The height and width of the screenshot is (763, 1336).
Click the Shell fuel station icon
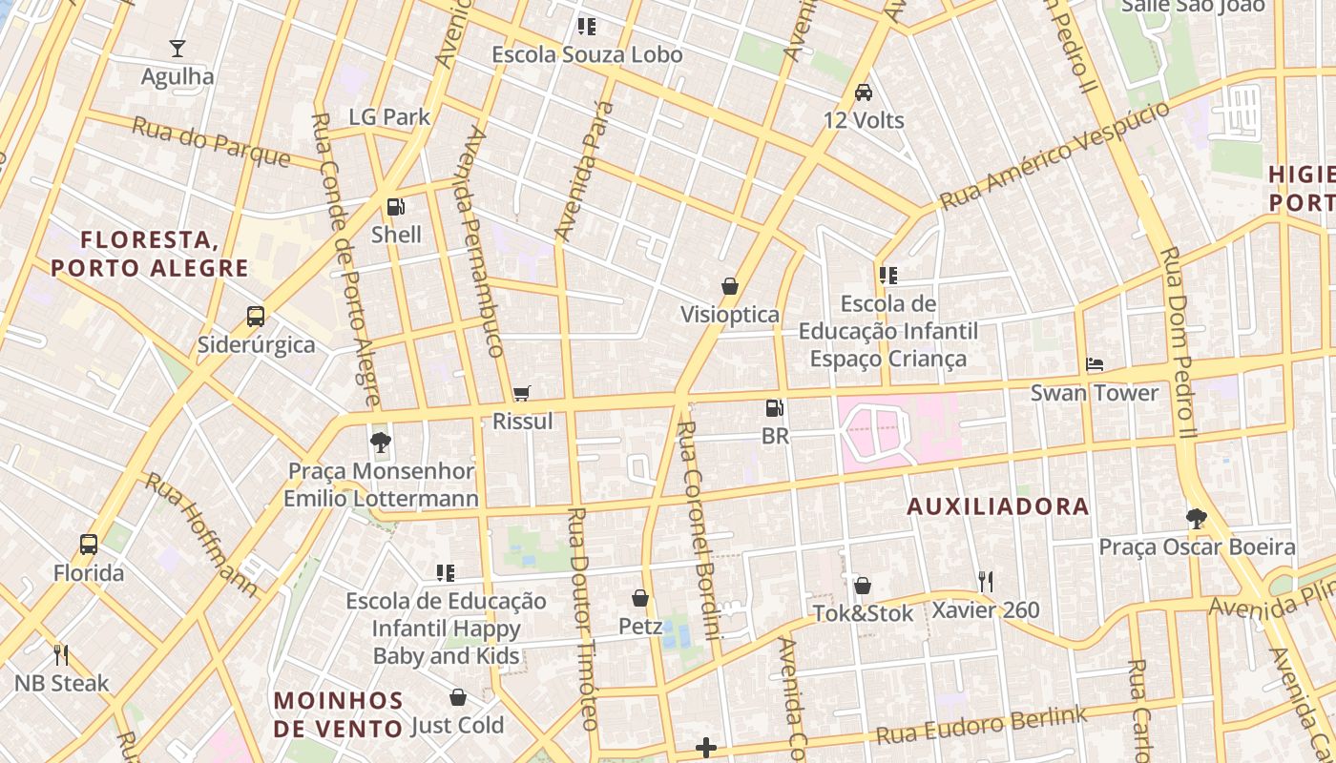click(395, 206)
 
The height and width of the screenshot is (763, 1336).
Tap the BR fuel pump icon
click(775, 408)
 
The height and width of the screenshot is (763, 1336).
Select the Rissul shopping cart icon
click(521, 393)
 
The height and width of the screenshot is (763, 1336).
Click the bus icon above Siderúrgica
click(255, 316)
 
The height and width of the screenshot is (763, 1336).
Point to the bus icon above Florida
click(89, 545)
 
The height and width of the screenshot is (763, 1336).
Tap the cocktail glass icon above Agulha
click(177, 48)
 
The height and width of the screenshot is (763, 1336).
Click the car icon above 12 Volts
click(864, 92)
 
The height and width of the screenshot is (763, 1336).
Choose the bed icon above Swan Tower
click(1095, 364)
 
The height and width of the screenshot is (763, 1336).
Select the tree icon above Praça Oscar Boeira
click(1197, 518)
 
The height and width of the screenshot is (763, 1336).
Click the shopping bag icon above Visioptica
click(730, 286)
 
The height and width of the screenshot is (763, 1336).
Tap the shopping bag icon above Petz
click(640, 598)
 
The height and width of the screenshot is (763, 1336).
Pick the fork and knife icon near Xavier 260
click(986, 581)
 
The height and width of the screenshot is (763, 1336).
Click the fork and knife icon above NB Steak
click(62, 654)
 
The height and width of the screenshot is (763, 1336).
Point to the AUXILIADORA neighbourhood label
click(997, 506)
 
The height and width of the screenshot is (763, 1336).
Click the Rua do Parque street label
click(210, 141)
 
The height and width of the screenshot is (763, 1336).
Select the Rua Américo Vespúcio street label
click(1054, 155)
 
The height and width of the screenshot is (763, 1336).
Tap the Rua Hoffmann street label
click(201, 534)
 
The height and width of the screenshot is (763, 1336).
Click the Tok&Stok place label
click(863, 613)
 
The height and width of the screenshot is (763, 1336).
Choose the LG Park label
click(389, 117)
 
